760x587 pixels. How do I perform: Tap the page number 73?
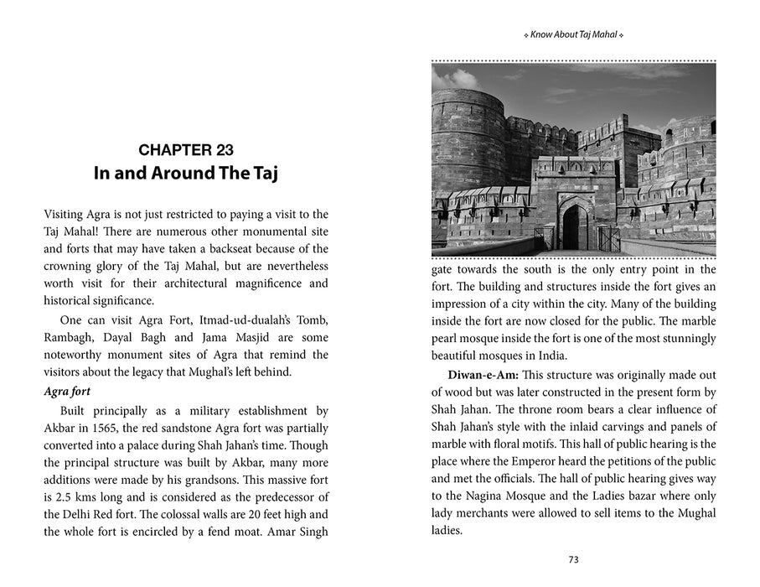573,560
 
